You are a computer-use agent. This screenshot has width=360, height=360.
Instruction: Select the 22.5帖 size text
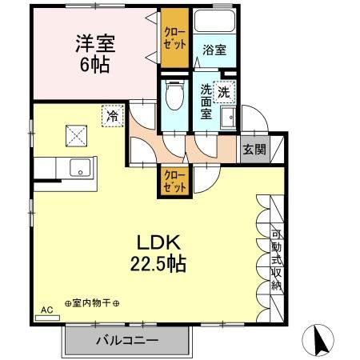159,263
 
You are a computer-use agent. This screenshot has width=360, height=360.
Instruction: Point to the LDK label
159,241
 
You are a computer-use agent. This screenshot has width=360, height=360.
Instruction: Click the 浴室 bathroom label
214,50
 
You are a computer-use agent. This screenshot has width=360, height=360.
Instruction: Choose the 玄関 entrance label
254,148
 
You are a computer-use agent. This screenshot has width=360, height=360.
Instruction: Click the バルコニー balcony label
128,340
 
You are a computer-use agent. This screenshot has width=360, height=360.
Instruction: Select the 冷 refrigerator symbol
113,116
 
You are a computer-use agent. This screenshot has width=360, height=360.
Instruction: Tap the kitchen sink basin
80,169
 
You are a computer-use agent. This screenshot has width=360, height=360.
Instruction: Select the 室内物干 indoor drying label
92,303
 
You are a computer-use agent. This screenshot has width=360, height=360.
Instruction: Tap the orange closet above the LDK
172,180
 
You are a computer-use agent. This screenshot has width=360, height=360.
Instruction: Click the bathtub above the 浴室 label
214,22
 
